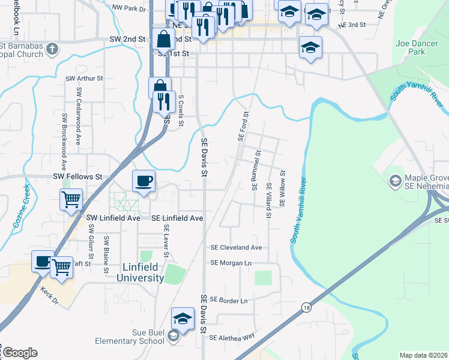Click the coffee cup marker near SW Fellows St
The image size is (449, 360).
[x=143, y=181]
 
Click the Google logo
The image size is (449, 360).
[x=19, y=353]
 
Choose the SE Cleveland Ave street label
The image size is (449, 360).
[x=236, y=247]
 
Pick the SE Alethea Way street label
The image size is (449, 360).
[x=232, y=337]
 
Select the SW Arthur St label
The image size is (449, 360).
[x=85, y=78]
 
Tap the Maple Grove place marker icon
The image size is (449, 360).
[x=395, y=180]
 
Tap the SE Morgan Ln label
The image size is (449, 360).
[x=231, y=263]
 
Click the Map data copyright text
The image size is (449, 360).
[x=424, y=355]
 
